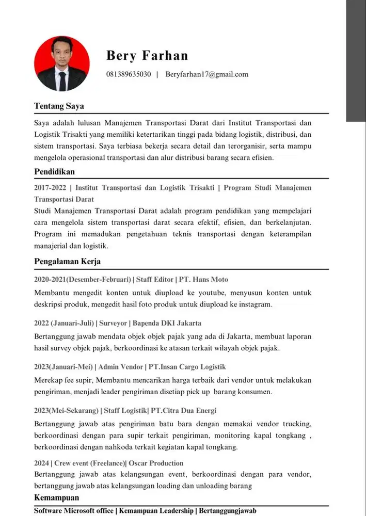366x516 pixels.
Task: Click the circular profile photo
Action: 62,63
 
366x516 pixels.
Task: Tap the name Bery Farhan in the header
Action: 147,55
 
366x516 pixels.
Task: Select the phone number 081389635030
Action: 129,74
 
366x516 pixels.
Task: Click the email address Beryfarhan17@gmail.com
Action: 206,74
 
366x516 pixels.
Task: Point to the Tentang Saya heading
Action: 59,106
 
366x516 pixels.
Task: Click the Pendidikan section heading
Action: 55,171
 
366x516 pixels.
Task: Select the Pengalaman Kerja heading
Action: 67,261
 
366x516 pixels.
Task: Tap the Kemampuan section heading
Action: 57,498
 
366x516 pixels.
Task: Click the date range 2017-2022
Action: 50,187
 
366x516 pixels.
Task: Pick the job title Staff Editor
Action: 154,280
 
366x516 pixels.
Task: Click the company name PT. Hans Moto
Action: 203,280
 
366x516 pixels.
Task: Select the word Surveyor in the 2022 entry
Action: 113,324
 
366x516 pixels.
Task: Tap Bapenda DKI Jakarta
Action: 167,324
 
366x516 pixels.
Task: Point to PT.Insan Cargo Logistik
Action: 187,367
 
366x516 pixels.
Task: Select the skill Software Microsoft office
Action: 74,510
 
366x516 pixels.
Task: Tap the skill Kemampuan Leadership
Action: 155,510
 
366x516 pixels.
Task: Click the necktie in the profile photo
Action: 62,80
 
